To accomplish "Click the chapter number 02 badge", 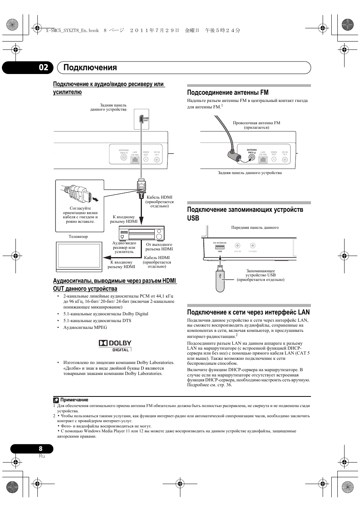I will (43, 68).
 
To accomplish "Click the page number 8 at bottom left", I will (40, 449).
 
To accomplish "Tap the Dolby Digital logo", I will (115, 345).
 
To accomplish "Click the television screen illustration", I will (79, 257).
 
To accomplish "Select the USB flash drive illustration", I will (220, 278).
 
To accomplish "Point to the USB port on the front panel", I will (219, 247).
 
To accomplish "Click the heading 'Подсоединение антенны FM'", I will (228, 93).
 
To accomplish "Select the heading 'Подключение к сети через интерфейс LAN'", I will (248, 312).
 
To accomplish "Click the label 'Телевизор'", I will (78, 237).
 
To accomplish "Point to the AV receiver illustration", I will (142, 233).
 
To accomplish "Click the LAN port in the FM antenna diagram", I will (263, 159).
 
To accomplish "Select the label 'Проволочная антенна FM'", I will (256, 123).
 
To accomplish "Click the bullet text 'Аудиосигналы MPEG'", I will (85, 327).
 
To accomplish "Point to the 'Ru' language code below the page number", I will (42, 456).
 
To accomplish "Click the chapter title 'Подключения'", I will (90, 68).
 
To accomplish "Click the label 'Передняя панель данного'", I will (255, 228).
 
